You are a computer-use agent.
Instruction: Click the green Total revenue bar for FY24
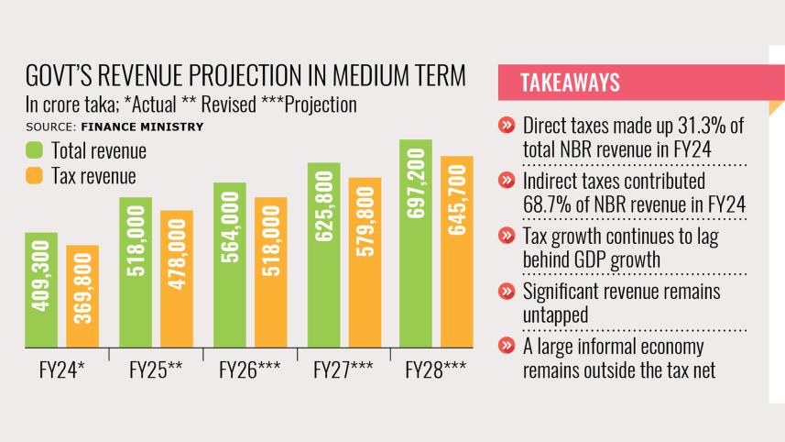click(x=41, y=290)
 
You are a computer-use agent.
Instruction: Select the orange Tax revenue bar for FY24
click(x=82, y=296)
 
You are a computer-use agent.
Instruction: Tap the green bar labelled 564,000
click(x=229, y=265)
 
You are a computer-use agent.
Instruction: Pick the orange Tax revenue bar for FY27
click(x=365, y=262)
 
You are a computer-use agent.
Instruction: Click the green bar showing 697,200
click(x=416, y=244)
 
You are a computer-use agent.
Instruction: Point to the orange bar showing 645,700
click(x=457, y=251)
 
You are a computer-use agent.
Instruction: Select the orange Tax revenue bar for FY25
click(x=177, y=279)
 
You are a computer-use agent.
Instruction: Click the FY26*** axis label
click(x=250, y=372)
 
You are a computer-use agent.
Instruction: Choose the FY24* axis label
click(x=62, y=372)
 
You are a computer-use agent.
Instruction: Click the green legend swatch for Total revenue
click(x=35, y=150)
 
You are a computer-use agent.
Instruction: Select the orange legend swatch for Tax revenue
click(x=35, y=175)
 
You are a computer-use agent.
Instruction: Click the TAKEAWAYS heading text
click(x=570, y=83)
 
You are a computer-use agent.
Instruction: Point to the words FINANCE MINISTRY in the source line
click(x=136, y=126)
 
